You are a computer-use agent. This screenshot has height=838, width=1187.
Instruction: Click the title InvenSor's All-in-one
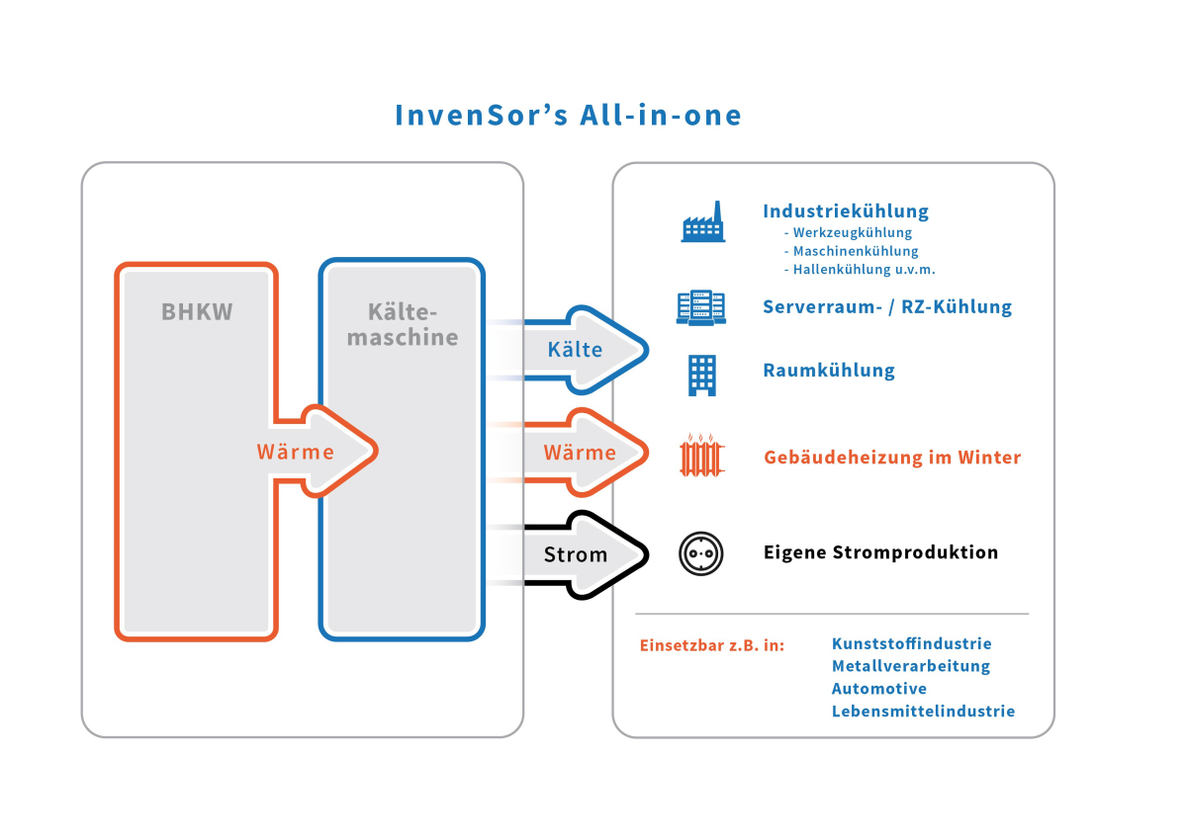(x=568, y=115)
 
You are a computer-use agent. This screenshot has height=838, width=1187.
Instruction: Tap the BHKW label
(x=197, y=312)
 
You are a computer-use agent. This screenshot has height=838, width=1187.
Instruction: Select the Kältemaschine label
(x=402, y=325)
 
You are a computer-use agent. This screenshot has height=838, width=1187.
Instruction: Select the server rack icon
(x=701, y=307)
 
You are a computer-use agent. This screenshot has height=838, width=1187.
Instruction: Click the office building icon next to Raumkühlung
(x=702, y=376)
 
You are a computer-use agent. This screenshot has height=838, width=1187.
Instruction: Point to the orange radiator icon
(x=702, y=456)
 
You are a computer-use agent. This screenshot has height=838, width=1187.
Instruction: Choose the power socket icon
(x=701, y=553)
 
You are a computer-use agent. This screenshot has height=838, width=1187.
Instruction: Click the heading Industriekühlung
(x=846, y=211)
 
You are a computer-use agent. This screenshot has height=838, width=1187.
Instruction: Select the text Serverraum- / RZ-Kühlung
(x=887, y=306)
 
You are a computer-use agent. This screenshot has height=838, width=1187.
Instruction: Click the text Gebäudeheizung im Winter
(x=892, y=458)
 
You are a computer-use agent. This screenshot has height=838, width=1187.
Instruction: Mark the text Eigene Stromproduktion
(x=880, y=552)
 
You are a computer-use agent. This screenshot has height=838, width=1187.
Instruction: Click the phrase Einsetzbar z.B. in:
(x=712, y=646)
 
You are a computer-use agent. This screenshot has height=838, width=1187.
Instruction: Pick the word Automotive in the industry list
(x=879, y=689)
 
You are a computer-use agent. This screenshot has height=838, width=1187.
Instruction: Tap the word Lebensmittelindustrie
(x=923, y=712)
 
